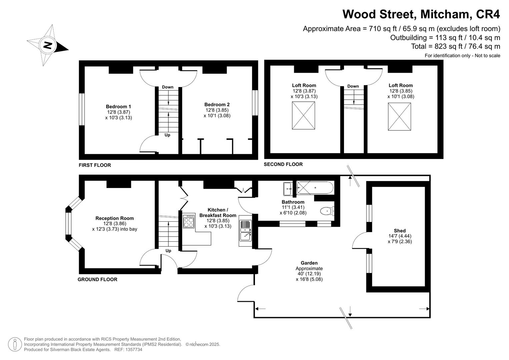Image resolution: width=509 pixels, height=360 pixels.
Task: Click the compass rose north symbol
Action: pos(48,45)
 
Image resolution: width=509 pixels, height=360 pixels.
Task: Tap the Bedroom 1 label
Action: pos(118,107)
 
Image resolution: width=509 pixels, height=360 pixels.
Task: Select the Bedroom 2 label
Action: pos(217,105)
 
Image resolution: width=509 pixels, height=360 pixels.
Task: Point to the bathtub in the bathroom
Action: pos(315,188)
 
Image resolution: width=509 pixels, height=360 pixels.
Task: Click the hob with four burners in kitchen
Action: pos(189,221)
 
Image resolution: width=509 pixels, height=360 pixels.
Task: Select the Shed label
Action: pos(400,231)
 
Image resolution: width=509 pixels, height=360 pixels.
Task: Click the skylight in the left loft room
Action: pos(303,115)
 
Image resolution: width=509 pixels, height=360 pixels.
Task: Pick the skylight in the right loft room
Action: pos(399,116)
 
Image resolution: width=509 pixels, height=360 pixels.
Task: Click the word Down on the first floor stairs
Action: pos(168,87)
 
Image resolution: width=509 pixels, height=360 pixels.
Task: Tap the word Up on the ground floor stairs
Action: pos(168,251)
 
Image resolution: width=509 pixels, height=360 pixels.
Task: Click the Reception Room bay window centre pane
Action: pos(69,226)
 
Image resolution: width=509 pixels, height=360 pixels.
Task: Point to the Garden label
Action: pos(309,263)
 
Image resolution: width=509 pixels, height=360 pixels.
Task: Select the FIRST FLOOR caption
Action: pos(95,165)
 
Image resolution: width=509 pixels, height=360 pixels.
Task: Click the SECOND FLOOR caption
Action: pos(283,164)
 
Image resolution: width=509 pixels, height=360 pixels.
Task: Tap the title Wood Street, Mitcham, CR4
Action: pos(421,14)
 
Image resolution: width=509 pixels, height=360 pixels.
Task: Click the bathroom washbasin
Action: pos(288,189)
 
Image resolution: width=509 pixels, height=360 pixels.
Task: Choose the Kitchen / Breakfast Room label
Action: pos(218,213)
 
